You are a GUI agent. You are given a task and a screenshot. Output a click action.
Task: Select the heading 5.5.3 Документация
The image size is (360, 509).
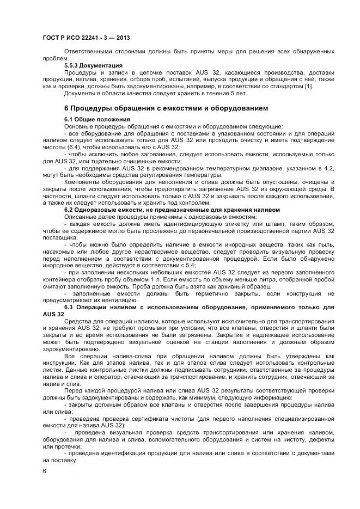93,66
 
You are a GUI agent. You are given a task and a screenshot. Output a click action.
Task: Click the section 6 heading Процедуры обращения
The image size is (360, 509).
166,108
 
